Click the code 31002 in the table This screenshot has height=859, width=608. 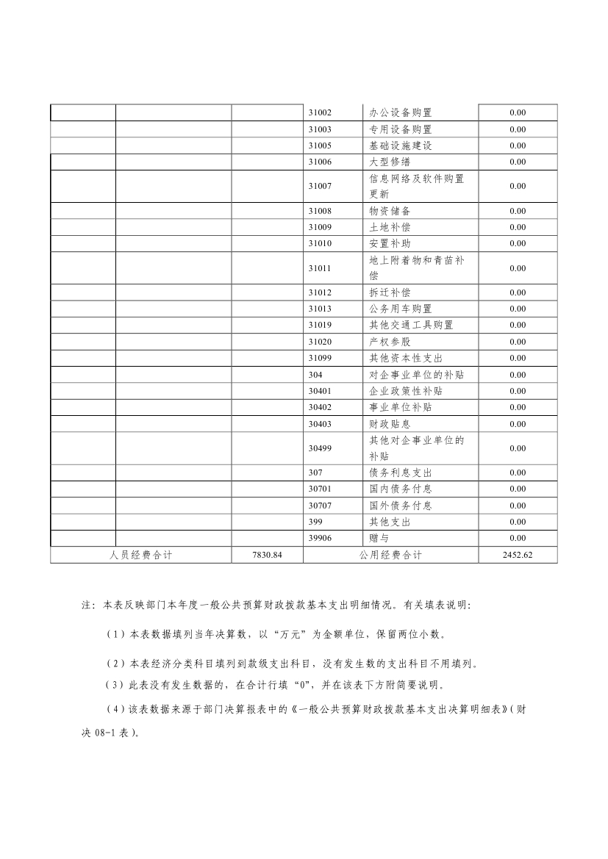[321, 113]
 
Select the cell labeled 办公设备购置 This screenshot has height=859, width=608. [400, 113]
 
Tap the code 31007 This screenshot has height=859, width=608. [321, 186]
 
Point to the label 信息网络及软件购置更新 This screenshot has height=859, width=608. [416, 186]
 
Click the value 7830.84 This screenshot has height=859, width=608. [267, 556]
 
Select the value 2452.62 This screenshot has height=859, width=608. [518, 556]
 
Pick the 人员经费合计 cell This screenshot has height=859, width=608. [140, 556]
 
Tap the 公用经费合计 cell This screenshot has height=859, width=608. [390, 556]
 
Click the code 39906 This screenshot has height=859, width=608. [321, 539]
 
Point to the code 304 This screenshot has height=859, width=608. [315, 375]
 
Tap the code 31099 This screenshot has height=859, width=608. [321, 358]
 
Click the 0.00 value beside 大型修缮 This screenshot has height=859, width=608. [518, 162]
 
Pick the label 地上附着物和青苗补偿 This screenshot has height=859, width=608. [416, 268]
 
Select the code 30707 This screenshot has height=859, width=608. [321, 506]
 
